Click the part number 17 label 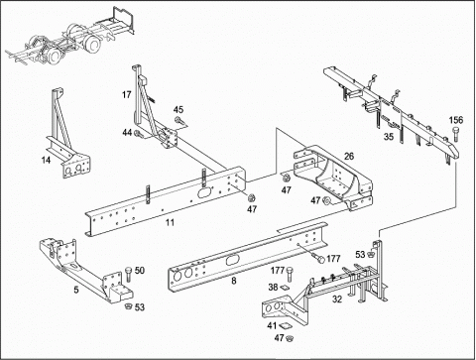[127, 95]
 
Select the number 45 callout [178, 110]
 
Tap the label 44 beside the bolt [127, 133]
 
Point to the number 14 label [46, 160]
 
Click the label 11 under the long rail [170, 222]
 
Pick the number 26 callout [349, 156]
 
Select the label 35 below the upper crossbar [389, 136]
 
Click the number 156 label [456, 120]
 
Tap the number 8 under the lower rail [234, 281]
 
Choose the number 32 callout [337, 300]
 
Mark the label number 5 [76, 290]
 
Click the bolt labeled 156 [456, 134]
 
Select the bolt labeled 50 [128, 274]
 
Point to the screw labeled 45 [179, 121]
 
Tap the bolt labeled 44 [139, 134]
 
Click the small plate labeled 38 [284, 288]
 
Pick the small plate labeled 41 [284, 326]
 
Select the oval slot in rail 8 [231, 260]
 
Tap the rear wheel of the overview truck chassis [92, 45]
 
